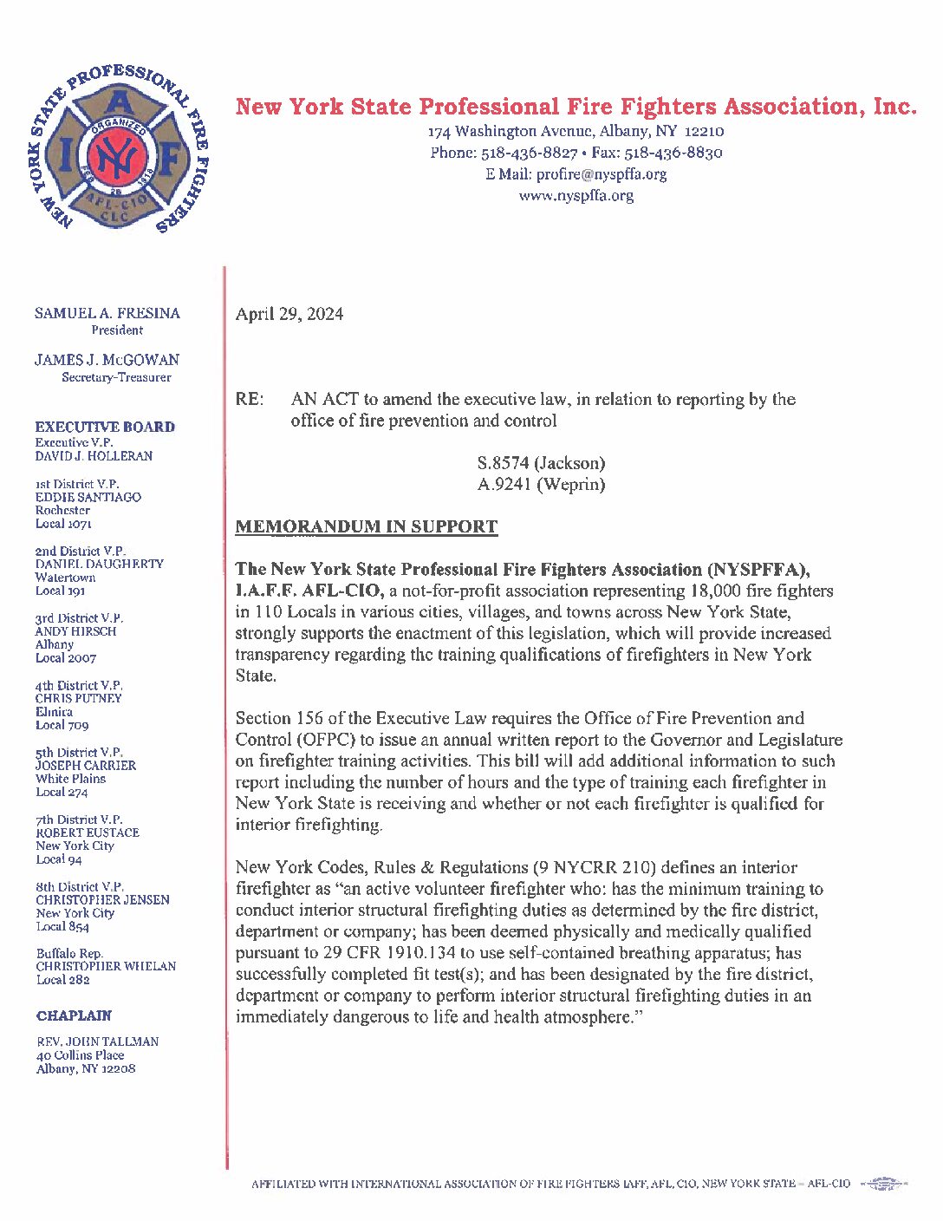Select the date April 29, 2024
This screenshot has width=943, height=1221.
coord(289,314)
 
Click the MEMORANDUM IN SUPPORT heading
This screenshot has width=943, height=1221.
coord(367,526)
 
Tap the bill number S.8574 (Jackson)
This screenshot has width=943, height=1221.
coord(541,463)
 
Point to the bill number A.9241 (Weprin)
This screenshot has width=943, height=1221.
coord(541,485)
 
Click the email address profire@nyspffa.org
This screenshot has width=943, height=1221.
coord(602,173)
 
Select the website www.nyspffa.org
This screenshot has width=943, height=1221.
coord(576,195)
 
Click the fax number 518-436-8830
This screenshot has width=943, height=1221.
coord(673,153)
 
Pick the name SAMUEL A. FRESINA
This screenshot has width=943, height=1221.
coord(107,313)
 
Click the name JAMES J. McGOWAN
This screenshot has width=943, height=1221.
coord(107,360)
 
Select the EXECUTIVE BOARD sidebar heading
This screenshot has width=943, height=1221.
coord(105,427)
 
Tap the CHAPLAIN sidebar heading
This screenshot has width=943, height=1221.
coord(74,1015)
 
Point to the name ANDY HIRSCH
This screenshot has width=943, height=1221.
coord(75,631)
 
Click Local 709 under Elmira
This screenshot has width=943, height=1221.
coord(62,725)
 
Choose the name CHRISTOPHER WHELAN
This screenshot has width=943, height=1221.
coord(106,966)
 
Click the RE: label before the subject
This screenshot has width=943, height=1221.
coord(250,400)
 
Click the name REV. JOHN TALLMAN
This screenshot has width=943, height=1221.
coord(97,1041)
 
